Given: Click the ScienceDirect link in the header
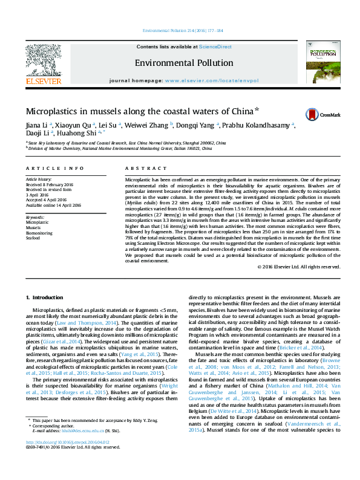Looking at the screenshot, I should point(216,47).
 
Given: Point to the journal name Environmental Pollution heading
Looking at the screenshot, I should point(184,63).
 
